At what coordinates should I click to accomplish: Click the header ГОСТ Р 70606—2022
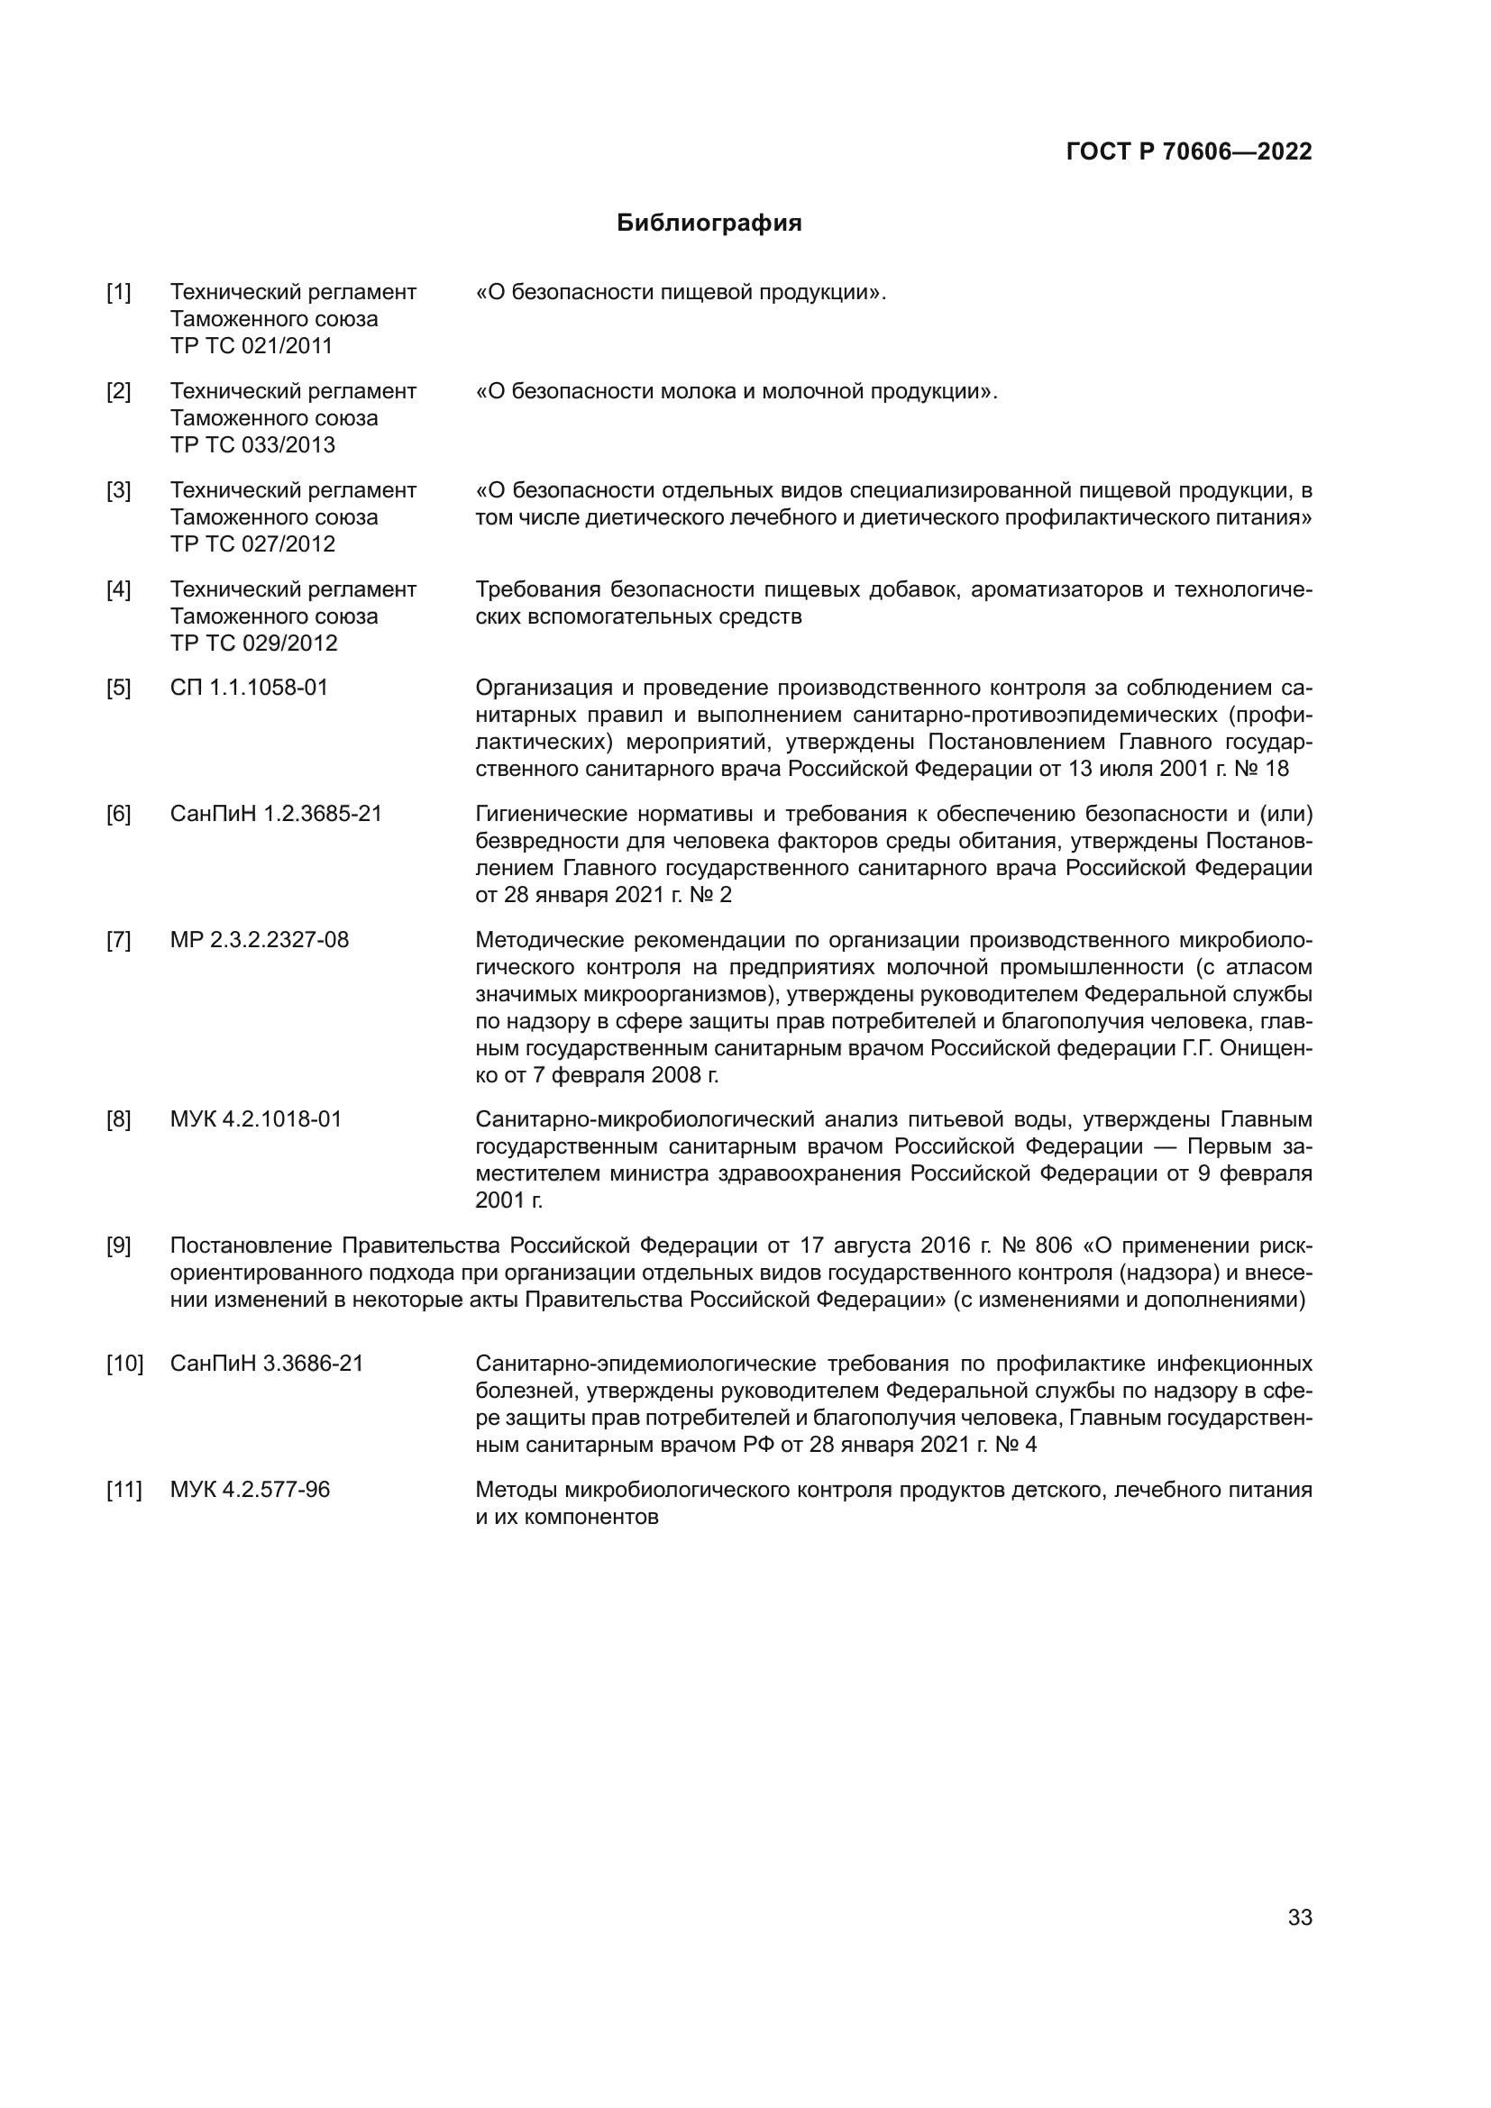[1189, 152]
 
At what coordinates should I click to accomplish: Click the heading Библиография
[709, 224]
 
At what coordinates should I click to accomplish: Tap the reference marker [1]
[118, 293]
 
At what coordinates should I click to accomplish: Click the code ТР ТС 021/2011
[252, 346]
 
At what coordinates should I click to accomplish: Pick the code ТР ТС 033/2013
[252, 445]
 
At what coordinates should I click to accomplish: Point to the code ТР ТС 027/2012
[252, 544]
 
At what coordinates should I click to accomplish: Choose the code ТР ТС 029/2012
[253, 643]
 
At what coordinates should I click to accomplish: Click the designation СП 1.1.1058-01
[249, 688]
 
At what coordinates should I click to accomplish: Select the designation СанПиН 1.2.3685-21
[277, 814]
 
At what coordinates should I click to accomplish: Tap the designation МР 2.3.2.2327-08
[260, 940]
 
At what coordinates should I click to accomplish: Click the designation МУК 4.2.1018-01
[256, 1119]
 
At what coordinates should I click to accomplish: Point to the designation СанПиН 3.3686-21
[267, 1364]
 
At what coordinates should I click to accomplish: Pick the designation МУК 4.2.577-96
[250, 1489]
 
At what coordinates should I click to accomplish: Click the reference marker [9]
[118, 1246]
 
